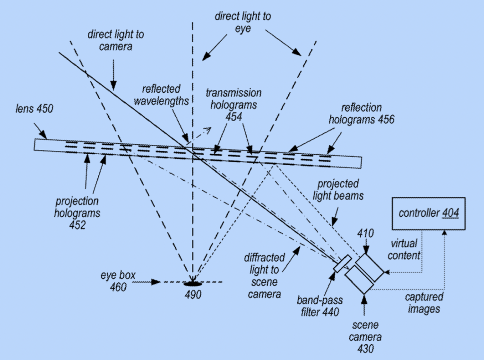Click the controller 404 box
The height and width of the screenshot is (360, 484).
(429, 213)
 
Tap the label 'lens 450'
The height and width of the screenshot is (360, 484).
(34, 109)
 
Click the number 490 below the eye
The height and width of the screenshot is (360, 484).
(193, 295)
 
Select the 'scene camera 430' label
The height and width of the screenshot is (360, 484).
(365, 337)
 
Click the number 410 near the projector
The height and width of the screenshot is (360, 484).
(366, 233)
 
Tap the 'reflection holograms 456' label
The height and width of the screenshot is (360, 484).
(361, 114)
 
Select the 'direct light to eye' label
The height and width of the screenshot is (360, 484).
(243, 22)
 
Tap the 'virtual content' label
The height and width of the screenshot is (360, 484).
(404, 249)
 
